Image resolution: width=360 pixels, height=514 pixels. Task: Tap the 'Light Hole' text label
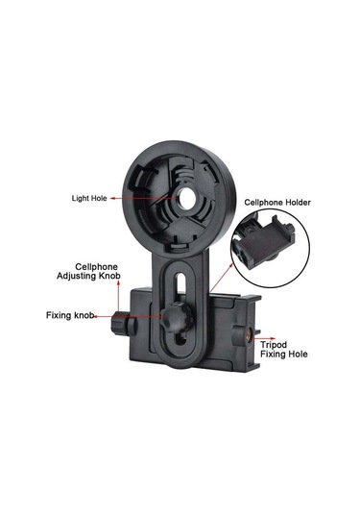click(x=92, y=198)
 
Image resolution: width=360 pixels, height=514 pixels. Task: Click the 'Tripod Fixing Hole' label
click(x=285, y=348)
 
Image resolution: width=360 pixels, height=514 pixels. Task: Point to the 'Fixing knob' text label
click(x=70, y=314)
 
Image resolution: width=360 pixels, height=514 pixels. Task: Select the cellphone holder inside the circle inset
click(x=270, y=250)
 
